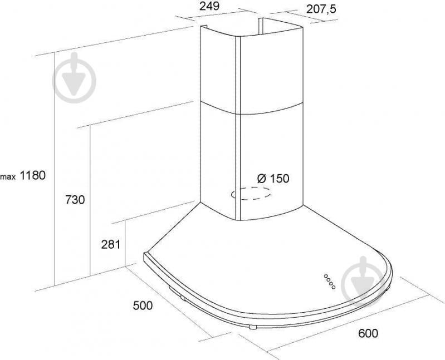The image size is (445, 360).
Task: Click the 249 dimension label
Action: coord(209,6)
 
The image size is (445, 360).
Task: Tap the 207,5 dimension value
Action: coord(321,9)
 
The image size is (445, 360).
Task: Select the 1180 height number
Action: coord(33,175)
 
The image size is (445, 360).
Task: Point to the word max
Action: coord(8,177)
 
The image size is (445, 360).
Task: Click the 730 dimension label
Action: coord(75,200)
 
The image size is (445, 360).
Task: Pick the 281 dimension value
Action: coord(111,244)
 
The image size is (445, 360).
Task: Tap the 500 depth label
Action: coord(143,305)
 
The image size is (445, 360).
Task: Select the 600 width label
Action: coord(368,333)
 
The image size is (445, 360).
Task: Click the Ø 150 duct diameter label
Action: coord(273,178)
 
